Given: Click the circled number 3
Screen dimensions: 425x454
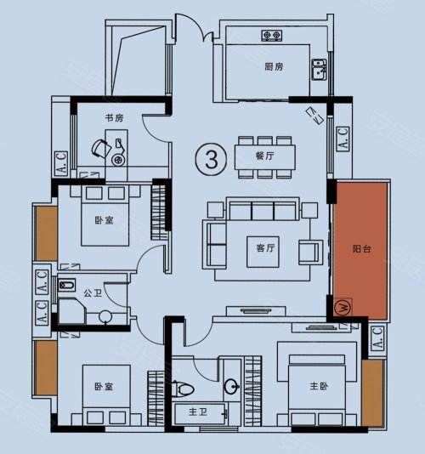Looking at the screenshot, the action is (x=212, y=159).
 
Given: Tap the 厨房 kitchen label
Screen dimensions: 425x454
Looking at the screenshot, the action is (x=274, y=67).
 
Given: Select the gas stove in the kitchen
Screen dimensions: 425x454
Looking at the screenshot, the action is (x=272, y=36).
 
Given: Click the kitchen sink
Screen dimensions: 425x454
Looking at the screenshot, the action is (x=319, y=70).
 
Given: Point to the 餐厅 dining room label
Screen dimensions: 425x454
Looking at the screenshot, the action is (x=264, y=156).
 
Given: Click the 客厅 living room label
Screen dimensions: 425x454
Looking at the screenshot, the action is (x=265, y=248).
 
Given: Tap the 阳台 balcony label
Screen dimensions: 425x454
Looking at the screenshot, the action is (x=361, y=249).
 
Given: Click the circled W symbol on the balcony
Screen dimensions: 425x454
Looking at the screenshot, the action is (x=343, y=307).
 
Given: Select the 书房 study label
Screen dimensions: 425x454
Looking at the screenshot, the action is (x=114, y=118).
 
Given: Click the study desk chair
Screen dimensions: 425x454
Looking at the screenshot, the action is (x=101, y=149).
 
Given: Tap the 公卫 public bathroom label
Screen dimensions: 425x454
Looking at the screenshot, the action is (x=93, y=293).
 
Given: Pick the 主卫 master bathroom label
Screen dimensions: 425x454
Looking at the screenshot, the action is (x=198, y=411).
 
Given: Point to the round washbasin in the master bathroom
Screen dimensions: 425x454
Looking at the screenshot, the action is (x=231, y=386).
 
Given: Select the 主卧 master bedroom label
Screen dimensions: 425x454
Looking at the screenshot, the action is (x=319, y=386).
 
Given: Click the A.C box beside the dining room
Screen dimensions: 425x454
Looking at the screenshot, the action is (x=343, y=139).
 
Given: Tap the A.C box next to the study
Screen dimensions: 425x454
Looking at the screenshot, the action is (x=61, y=163).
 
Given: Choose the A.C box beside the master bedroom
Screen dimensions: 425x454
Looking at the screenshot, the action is (x=377, y=338).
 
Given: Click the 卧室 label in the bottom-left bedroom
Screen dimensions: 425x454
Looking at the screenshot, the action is (x=104, y=387).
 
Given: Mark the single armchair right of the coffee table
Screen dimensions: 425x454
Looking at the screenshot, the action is (x=310, y=252).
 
